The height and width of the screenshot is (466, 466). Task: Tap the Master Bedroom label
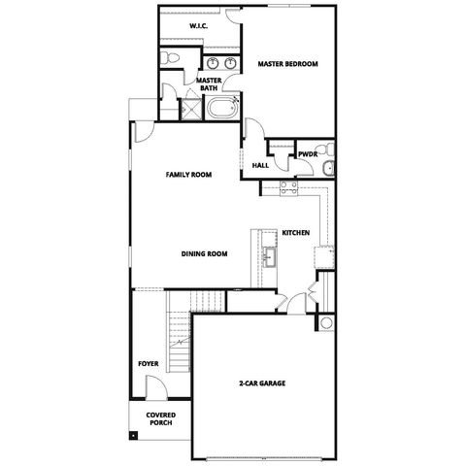coord(287,64)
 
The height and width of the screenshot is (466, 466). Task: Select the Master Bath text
coord(209,84)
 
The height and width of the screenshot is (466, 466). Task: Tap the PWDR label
coord(309,153)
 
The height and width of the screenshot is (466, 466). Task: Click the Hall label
coord(260,166)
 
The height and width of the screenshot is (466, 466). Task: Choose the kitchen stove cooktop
coord(288,188)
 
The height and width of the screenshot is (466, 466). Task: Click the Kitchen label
coord(295,234)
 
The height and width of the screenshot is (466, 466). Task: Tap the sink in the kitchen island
coord(268,257)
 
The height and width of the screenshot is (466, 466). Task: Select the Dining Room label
coord(204,254)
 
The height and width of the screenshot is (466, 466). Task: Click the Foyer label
coord(148,364)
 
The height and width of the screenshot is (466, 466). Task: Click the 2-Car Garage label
coord(263,383)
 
